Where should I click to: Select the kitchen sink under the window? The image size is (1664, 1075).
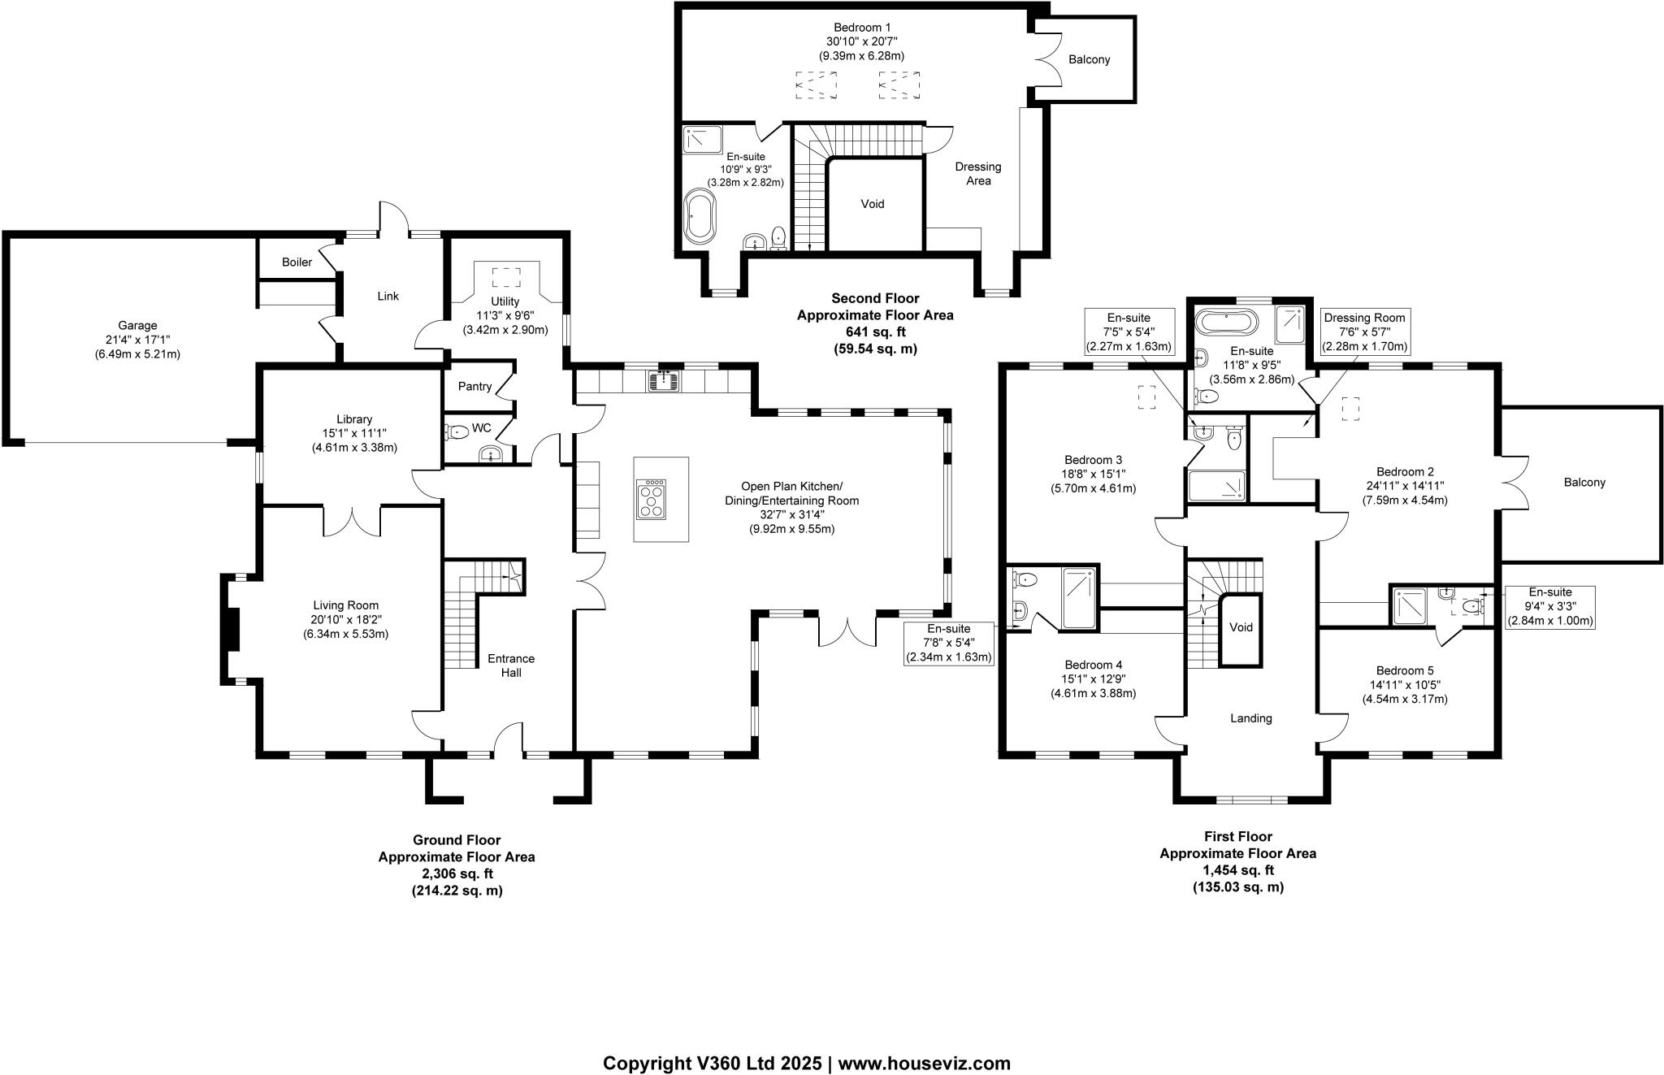[x=664, y=379]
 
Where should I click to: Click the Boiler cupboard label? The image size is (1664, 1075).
[x=297, y=262]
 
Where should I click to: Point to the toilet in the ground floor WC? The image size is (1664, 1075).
[x=457, y=432]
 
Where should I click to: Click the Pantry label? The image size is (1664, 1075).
[x=474, y=386]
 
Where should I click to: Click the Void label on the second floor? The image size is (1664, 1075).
[x=873, y=204]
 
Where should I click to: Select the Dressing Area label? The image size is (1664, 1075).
[x=978, y=173]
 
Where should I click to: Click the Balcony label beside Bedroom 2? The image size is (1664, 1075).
[x=1584, y=483]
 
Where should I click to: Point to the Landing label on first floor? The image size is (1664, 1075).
[x=1250, y=718]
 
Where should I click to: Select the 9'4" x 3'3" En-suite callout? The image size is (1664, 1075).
[x=1550, y=607]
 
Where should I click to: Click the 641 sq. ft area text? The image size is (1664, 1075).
[x=875, y=332]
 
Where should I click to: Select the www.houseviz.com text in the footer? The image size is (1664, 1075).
[x=924, y=1064]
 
